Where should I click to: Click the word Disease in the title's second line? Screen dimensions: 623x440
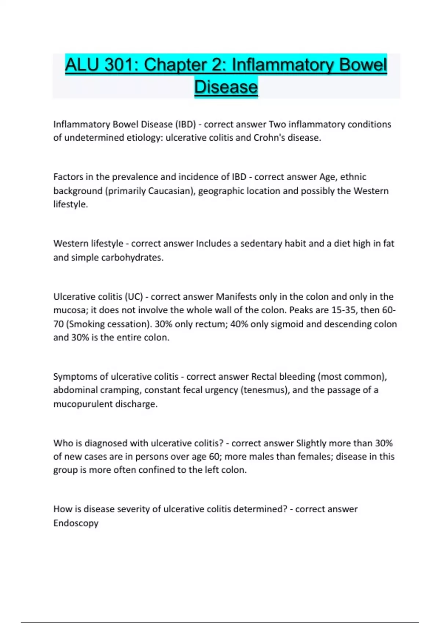[226, 87]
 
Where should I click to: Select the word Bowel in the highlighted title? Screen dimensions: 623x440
[363, 65]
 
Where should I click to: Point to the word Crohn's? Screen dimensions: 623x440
[269, 138]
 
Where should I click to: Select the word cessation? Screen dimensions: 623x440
[130, 324]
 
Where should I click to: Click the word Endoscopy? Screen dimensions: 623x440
[76, 523]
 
